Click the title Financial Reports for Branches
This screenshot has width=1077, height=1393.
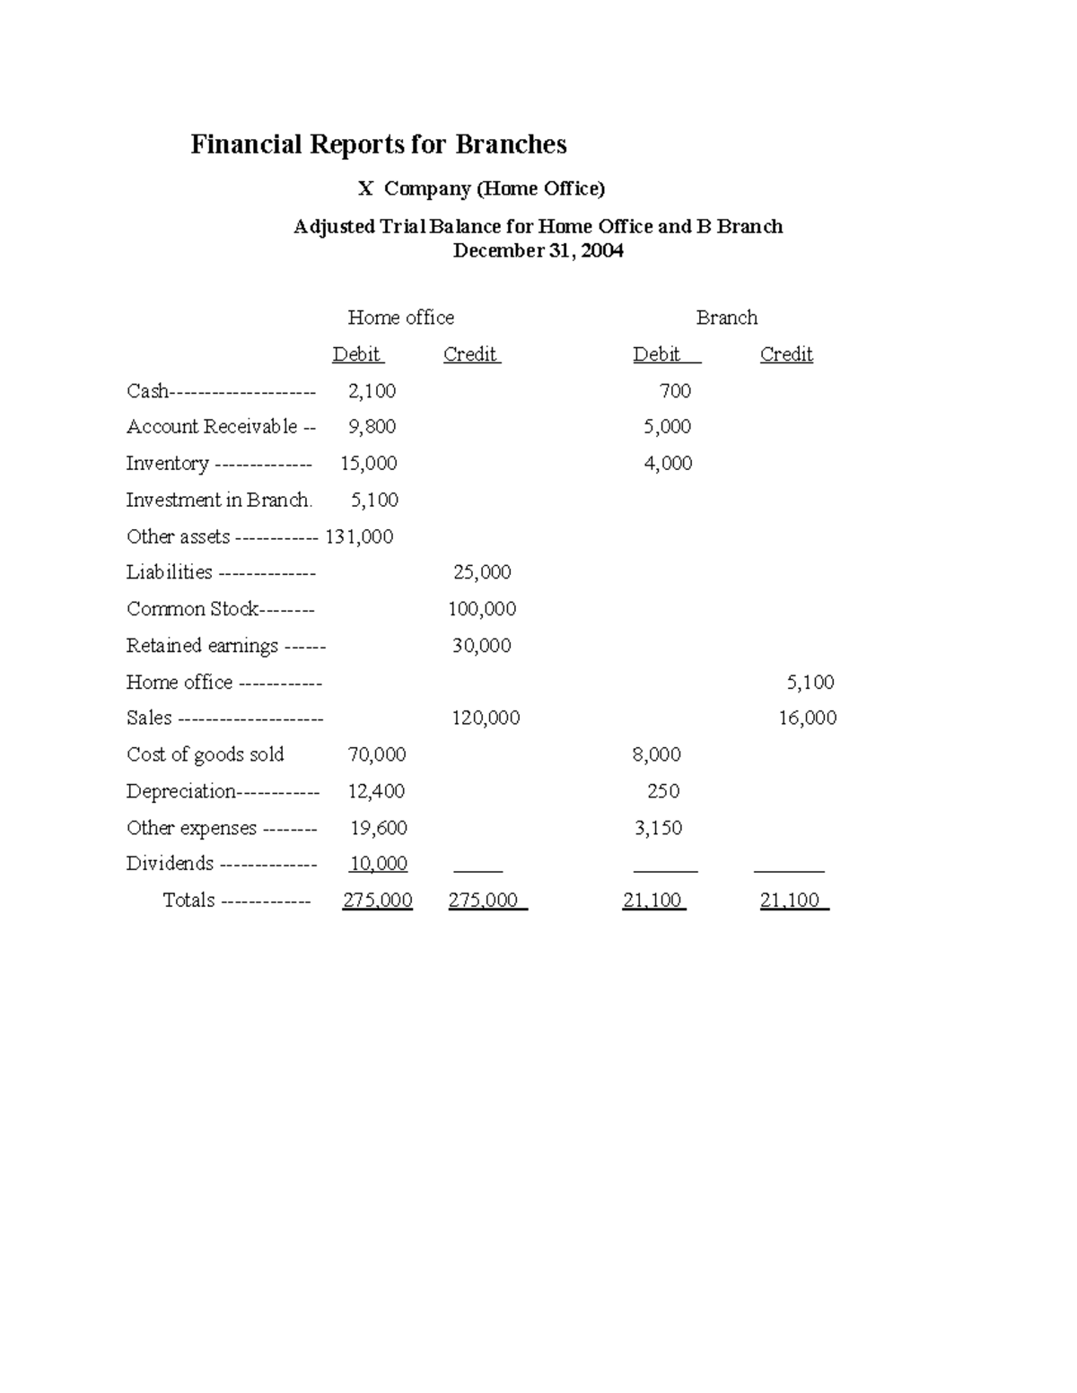pyautogui.click(x=378, y=144)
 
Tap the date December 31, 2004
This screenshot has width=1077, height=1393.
pyautogui.click(x=538, y=251)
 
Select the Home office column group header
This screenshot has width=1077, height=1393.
pyautogui.click(x=400, y=318)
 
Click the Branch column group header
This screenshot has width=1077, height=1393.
pyautogui.click(x=726, y=318)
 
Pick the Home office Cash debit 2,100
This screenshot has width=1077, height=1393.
pyautogui.click(x=372, y=391)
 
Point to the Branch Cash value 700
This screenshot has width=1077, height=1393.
pyautogui.click(x=675, y=391)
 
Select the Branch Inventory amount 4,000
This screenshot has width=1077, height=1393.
pyautogui.click(x=668, y=464)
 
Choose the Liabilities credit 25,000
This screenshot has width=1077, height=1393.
pyautogui.click(x=482, y=572)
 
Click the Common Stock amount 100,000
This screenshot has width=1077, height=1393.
pyautogui.click(x=482, y=609)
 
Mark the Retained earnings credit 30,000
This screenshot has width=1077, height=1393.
pyautogui.click(x=481, y=646)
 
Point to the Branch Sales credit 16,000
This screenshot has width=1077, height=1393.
pyautogui.click(x=807, y=718)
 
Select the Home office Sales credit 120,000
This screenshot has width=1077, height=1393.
pyautogui.click(x=486, y=718)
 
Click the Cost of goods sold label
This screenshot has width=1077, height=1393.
pyautogui.click(x=205, y=754)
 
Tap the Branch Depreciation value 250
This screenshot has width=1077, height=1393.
pyautogui.click(x=663, y=791)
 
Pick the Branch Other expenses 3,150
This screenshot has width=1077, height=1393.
pyautogui.click(x=658, y=828)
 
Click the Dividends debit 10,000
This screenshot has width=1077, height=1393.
pyautogui.click(x=378, y=864)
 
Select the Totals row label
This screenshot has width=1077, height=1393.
pyautogui.click(x=188, y=901)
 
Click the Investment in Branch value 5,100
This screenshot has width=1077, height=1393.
pyautogui.click(x=374, y=501)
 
